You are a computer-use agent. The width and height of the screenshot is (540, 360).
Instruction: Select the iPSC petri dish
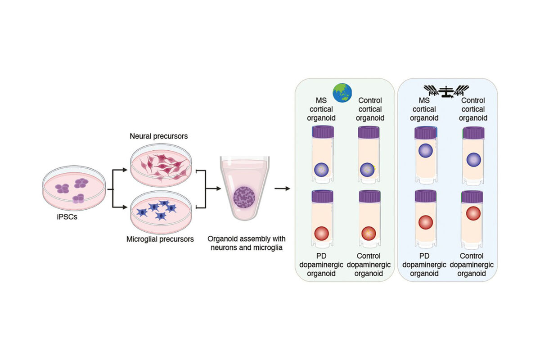click(x=74, y=189)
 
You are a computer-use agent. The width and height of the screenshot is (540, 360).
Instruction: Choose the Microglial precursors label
click(x=160, y=239)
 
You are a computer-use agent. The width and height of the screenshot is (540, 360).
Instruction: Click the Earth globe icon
click(x=343, y=93)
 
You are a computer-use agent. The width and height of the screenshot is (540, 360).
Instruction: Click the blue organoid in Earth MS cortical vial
click(x=321, y=170)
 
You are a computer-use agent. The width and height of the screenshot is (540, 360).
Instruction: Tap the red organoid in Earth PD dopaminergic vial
click(x=321, y=234)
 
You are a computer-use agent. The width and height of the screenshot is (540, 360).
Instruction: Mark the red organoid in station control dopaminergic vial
click(x=473, y=213)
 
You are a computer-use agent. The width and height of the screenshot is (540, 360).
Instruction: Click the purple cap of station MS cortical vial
click(x=425, y=133)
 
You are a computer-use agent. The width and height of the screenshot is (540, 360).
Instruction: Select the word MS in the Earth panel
click(x=321, y=100)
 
